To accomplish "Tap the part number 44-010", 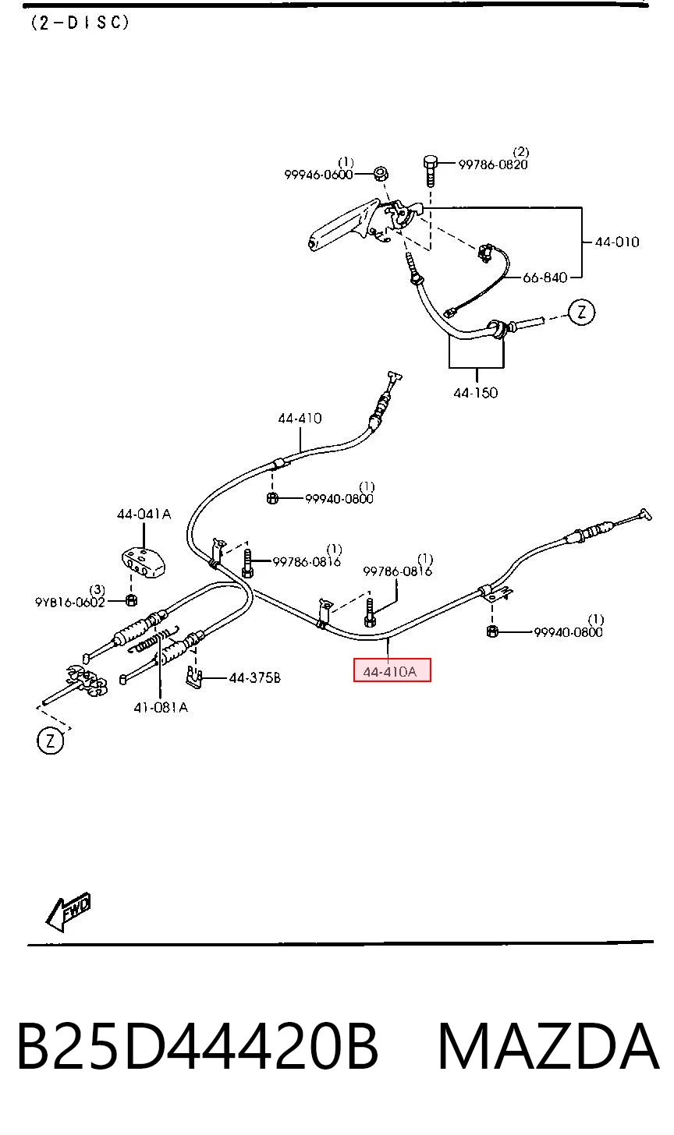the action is coord(617,242).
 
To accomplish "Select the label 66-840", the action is coord(545,278).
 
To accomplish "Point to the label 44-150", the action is coord(476,393).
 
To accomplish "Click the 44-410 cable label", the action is coord(300,419).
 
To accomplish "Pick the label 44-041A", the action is coord(144,514).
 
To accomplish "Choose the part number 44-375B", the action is coord(254,678).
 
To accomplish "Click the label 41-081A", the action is coord(161,707).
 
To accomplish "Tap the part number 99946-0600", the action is coord(318,175).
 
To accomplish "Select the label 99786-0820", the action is coord(493,164).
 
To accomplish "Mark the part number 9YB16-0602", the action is coord(69,602).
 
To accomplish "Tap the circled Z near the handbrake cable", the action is coord(581,312).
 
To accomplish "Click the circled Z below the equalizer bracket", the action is coord(50,742).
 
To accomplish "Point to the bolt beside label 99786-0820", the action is coord(430,170).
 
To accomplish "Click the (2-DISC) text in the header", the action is coord(80,23).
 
